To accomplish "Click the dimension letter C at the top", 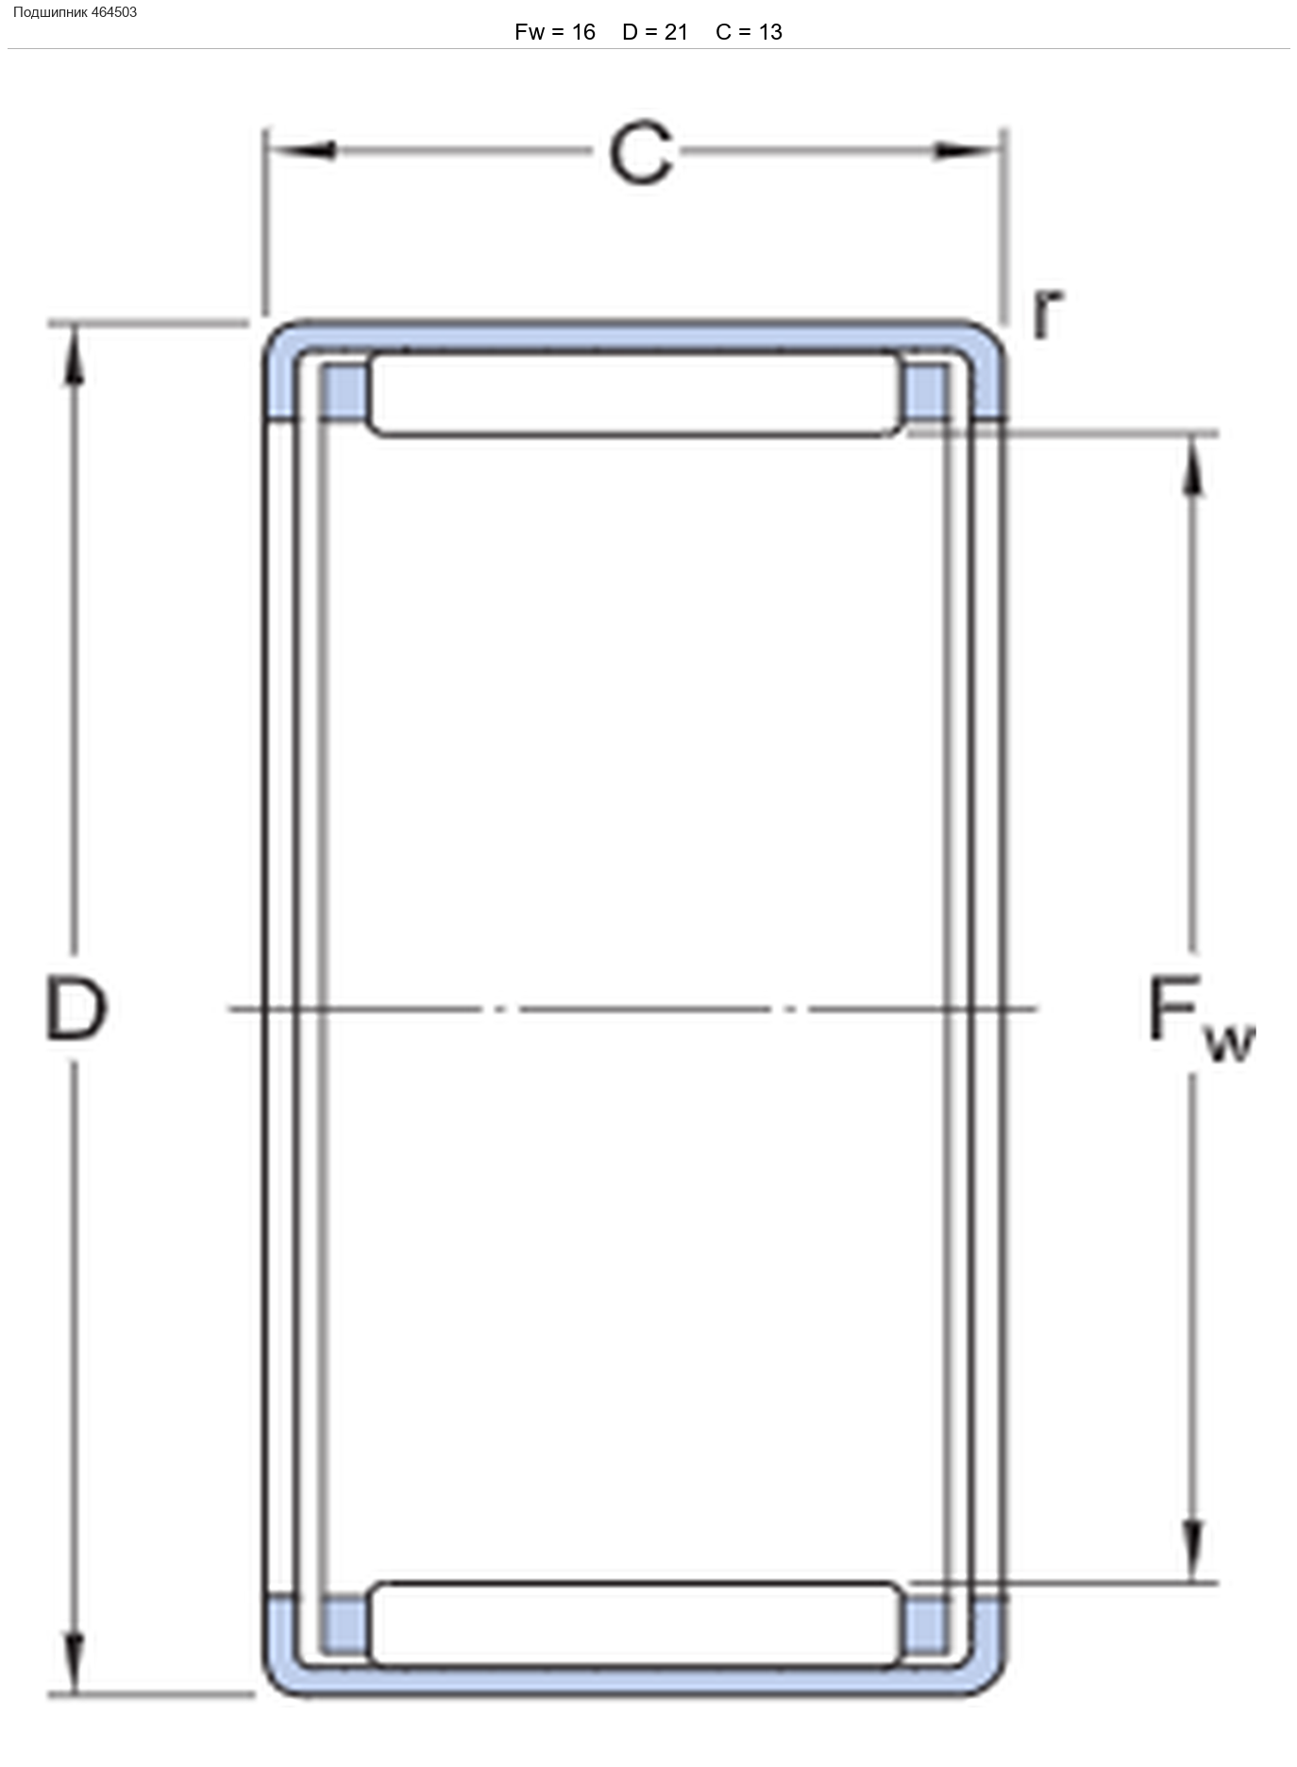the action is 641,154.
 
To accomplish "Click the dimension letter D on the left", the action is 76,1009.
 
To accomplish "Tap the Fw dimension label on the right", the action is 1201,1018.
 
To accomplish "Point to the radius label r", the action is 1047,312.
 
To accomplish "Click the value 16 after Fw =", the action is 583,32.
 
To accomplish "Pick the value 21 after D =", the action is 676,32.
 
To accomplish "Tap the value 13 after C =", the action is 770,32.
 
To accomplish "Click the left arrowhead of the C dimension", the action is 301,150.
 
